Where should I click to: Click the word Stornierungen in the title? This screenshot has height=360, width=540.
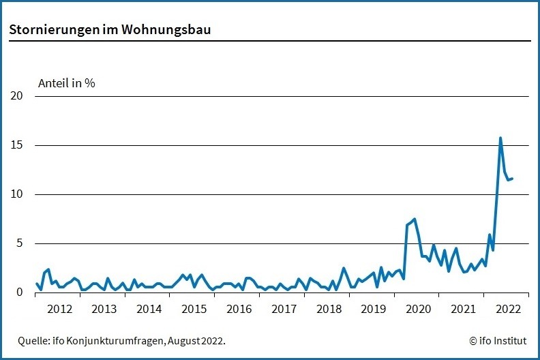click(x=50, y=31)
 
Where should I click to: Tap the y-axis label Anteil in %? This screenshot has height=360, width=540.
click(x=66, y=83)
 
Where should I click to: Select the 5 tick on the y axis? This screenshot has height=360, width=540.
click(x=20, y=243)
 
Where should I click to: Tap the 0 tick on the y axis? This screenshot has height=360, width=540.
click(x=20, y=292)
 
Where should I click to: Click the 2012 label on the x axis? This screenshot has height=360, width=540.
click(x=59, y=309)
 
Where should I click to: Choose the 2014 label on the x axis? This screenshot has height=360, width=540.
click(x=149, y=309)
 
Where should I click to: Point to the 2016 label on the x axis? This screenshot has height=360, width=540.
click(x=239, y=309)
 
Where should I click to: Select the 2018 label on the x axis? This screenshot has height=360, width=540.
click(x=329, y=309)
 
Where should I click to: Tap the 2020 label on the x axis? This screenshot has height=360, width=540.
click(x=419, y=309)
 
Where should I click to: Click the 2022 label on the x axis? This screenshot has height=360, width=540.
click(x=508, y=309)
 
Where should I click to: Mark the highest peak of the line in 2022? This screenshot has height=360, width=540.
click(x=500, y=138)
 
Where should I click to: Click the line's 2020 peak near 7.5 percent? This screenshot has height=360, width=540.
click(x=415, y=219)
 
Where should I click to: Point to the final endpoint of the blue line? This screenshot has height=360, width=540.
click(x=512, y=179)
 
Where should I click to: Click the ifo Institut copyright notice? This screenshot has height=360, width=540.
click(x=498, y=340)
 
